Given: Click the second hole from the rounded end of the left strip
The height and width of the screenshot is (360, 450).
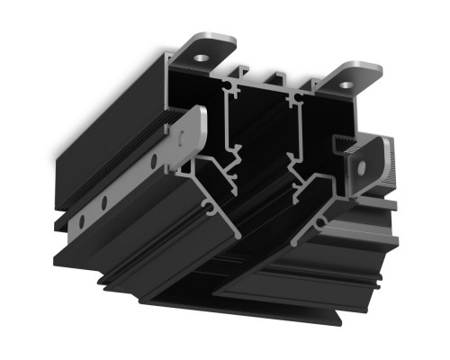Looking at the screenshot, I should pyautogui.click(x=154, y=161).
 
